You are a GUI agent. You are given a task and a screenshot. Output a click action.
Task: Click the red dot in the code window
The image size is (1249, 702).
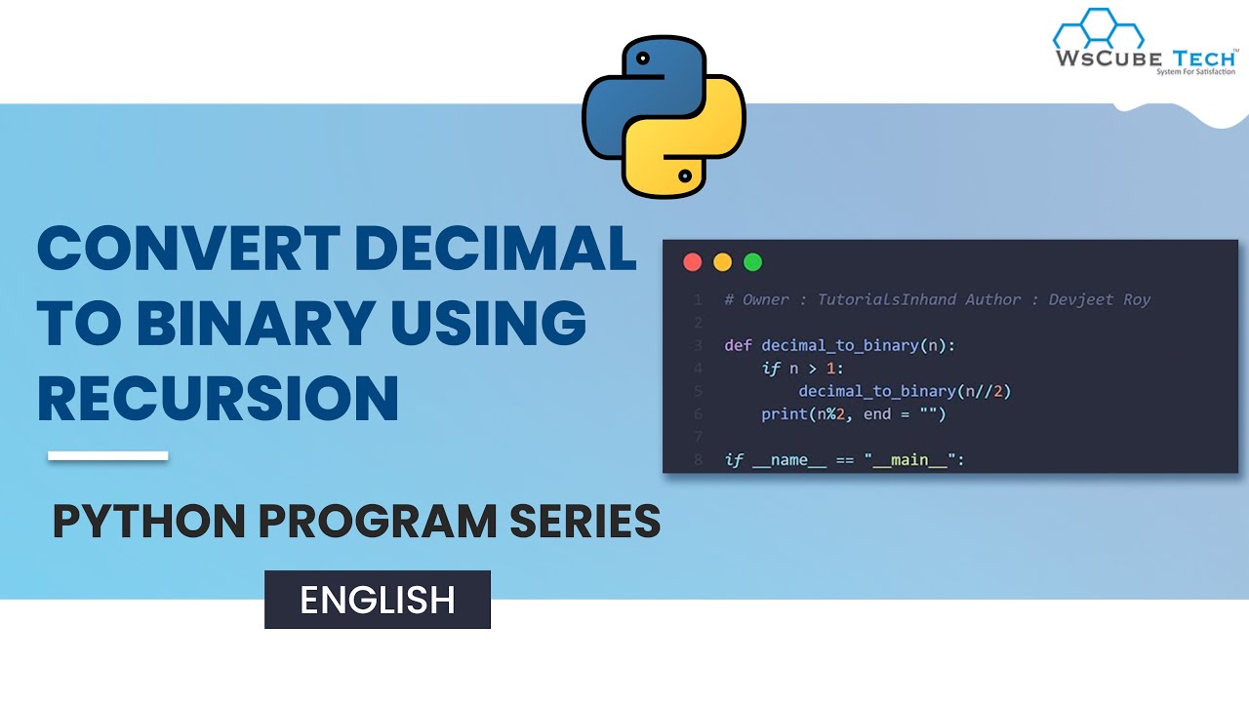pyautogui.click(x=693, y=262)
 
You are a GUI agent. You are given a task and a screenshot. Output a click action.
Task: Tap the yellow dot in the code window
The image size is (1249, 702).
pyautogui.click(x=722, y=262)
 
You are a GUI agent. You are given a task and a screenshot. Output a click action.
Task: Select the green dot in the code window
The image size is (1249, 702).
pyautogui.click(x=752, y=262)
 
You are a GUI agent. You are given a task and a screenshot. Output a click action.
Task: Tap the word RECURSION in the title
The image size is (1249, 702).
pyautogui.click(x=218, y=398)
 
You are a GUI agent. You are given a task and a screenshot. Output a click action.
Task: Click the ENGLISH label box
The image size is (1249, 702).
pyautogui.click(x=378, y=600)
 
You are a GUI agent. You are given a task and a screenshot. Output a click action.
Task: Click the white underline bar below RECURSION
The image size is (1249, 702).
pyautogui.click(x=107, y=455)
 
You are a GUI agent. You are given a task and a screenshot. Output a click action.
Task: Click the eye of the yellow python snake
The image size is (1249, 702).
pyautogui.click(x=685, y=176)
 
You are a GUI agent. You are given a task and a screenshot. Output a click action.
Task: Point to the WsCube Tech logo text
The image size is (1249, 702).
pyautogui.click(x=1144, y=58)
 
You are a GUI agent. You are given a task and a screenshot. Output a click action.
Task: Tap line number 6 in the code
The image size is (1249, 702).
pyautogui.click(x=698, y=414)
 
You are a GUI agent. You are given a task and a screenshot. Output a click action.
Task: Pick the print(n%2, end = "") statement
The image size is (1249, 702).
pyautogui.click(x=854, y=414)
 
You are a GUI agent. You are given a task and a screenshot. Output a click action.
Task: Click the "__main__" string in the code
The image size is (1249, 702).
pyautogui.click(x=913, y=459)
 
